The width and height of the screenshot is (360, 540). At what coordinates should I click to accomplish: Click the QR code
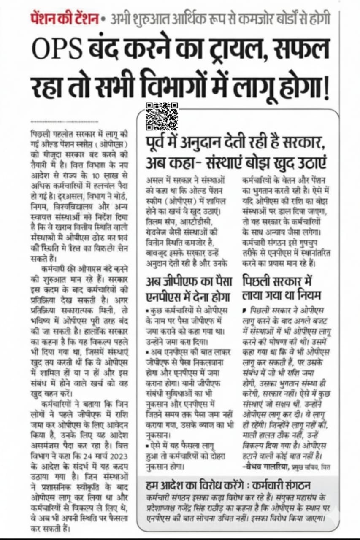click(162, 116)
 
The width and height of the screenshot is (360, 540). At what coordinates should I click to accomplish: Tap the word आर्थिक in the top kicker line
click(177, 19)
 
